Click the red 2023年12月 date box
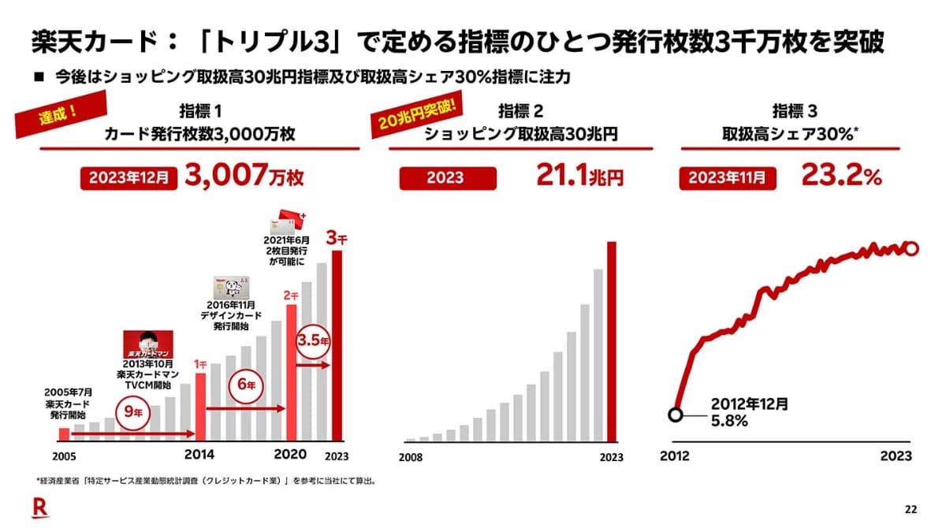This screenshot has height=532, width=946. click(127, 178)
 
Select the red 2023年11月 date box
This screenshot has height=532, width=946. click(722, 178)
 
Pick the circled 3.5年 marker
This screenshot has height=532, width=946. click(312, 344)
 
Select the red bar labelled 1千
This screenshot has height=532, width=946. click(199, 407)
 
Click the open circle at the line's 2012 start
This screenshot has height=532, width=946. click(675, 415)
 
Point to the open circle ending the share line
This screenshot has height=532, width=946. click(911, 249)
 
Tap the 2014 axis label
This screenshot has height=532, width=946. click(199, 455)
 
